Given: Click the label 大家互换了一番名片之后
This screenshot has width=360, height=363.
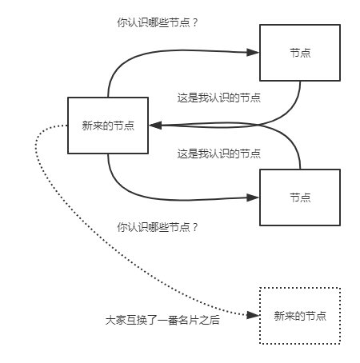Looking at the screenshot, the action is [162, 320].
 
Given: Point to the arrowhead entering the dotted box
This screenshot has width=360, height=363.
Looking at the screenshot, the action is [253, 315].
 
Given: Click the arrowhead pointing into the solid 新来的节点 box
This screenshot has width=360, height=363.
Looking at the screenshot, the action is [155, 126].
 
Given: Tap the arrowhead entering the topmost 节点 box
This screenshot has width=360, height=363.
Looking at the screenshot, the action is [253, 53].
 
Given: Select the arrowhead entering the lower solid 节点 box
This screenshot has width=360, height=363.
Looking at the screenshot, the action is [253, 197].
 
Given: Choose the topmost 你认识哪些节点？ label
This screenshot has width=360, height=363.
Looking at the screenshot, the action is [158, 22].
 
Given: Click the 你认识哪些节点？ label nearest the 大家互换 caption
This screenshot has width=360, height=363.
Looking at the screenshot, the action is [158, 227].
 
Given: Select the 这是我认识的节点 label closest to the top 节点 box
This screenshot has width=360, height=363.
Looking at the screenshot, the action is [219, 98].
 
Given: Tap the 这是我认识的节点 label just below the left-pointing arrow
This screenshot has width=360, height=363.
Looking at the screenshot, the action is [219, 154].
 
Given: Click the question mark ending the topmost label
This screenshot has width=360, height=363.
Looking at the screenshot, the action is [194, 23].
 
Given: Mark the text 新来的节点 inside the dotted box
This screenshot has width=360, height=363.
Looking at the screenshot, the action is [300, 316].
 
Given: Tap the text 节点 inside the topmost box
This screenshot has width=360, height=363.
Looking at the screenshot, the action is [300, 53].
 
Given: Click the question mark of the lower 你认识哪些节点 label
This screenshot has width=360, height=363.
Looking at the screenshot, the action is [194, 228].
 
